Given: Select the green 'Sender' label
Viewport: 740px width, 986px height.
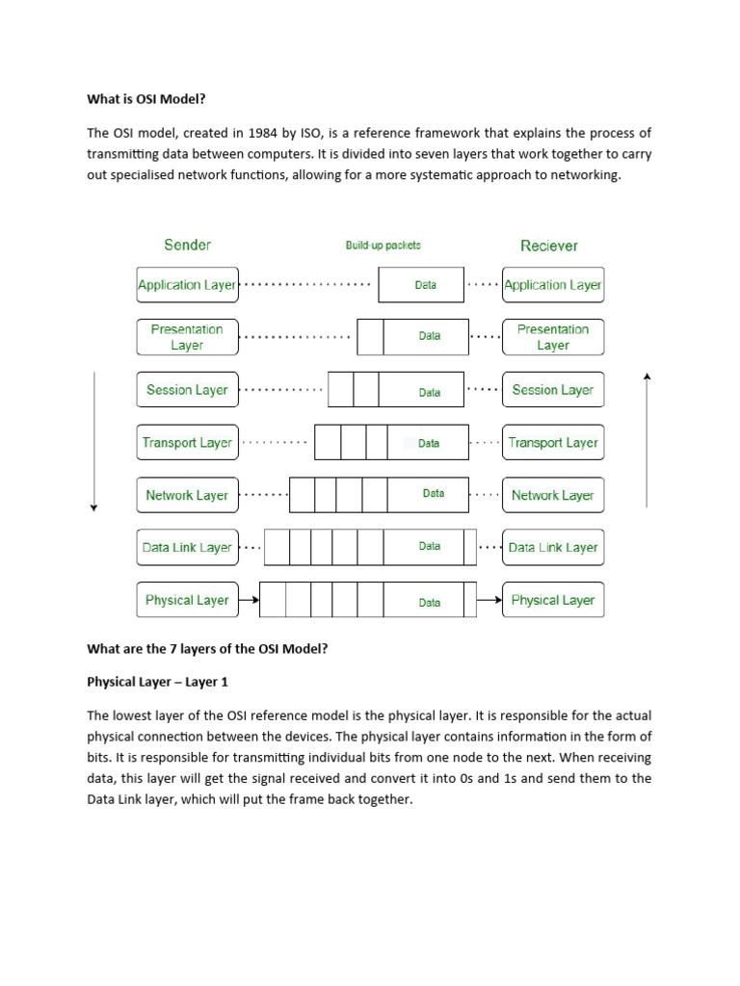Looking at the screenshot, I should click(187, 245).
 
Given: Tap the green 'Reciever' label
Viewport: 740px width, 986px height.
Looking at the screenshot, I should click(548, 246).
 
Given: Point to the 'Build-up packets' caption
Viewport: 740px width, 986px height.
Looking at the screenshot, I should click(383, 246).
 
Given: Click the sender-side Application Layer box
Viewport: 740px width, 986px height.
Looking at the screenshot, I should click(187, 285).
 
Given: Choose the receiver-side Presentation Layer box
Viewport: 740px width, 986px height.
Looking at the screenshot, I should click(553, 337).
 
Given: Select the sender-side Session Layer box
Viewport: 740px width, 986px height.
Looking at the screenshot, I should click(187, 390).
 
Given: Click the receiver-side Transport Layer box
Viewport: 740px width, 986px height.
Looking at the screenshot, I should click(553, 443).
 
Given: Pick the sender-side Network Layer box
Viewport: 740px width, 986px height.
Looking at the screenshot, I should click(187, 495).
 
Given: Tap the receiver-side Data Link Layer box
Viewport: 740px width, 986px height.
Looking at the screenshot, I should click(553, 547).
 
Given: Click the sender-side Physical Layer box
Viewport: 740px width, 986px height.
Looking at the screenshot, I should click(187, 600).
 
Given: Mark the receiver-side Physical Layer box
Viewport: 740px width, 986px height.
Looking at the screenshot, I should click(553, 600).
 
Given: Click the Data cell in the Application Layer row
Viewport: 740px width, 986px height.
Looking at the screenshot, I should click(425, 285).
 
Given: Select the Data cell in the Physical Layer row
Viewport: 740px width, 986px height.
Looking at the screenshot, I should click(430, 602).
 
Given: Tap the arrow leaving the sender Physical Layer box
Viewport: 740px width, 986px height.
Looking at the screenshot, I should click(249, 600).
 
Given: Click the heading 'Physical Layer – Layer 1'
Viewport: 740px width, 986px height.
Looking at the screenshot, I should click(158, 682).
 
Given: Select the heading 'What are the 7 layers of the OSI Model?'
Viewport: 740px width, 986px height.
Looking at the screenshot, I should click(207, 649).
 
